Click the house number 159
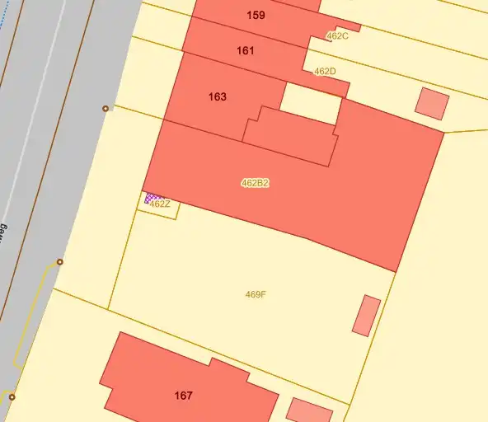[x=256, y=15]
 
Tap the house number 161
[x=245, y=50]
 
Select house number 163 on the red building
[x=217, y=96]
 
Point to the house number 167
[x=183, y=396]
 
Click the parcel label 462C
[x=337, y=36]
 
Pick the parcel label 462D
[x=325, y=72]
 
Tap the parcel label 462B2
[x=255, y=183]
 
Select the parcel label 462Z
[x=160, y=204]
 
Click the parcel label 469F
[x=256, y=294]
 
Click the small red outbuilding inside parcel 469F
[x=366, y=315]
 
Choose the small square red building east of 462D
[x=431, y=103]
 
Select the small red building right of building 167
[x=309, y=410]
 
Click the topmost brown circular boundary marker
[x=105, y=109]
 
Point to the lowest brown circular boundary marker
[x=12, y=397]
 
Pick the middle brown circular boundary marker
[x=59, y=262]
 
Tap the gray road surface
[x=58, y=124]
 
